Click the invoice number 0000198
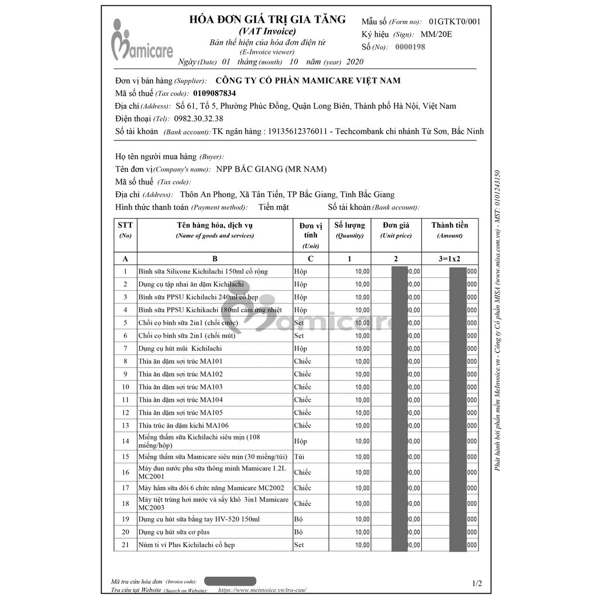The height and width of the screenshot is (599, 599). coord(410,47)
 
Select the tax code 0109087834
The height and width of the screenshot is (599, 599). coord(214,93)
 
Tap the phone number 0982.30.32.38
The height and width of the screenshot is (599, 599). coord(199,119)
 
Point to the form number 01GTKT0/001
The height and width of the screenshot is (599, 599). coord(455,22)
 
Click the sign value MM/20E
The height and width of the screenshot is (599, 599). coord(436,34)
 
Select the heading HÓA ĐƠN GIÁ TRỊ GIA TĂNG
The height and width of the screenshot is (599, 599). coord(267,19)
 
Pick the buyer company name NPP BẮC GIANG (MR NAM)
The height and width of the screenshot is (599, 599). coord(271,169)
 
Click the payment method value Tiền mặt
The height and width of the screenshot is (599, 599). coord(274,207)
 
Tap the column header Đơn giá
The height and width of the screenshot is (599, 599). coord(396,225)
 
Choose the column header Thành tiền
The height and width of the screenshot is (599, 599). coord(449,225)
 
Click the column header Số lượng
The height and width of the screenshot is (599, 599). coord(349,225)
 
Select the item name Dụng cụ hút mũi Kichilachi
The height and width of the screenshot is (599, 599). coord(171,349)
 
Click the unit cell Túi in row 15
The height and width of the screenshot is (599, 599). coord(299,457)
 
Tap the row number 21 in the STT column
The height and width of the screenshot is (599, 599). coord(125,545)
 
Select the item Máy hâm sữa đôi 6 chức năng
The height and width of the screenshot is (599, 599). coord(211,488)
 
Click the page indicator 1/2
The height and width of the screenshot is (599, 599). coord(477,583)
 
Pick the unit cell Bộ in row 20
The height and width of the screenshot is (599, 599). coord(298,532)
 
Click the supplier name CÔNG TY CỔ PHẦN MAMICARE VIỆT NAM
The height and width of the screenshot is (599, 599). coord(308,81)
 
